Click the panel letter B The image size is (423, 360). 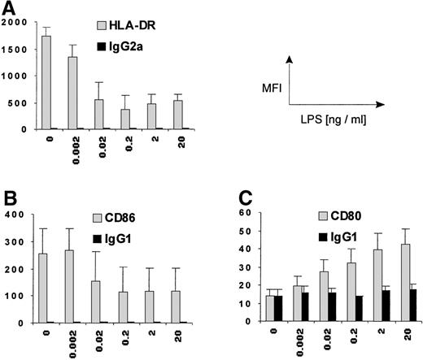[9, 200]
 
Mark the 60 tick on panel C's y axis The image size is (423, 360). [240, 213]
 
